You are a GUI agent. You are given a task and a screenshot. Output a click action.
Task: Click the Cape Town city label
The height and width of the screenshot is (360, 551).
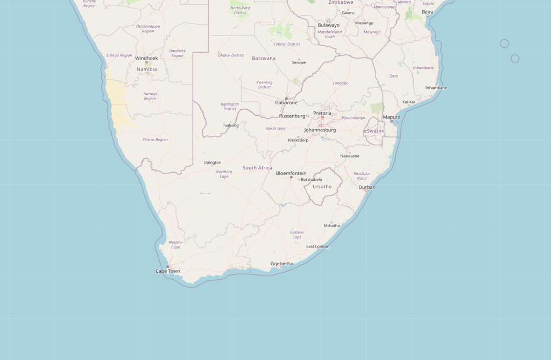pyautogui.click(x=168, y=271)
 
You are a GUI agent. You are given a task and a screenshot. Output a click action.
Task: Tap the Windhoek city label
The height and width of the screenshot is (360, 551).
pyautogui.click(x=146, y=58)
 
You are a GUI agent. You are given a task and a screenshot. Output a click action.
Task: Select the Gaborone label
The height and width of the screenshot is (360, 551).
pyautogui.click(x=286, y=102)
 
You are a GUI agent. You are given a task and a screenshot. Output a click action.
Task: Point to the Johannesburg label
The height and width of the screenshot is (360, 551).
pyautogui.click(x=320, y=130)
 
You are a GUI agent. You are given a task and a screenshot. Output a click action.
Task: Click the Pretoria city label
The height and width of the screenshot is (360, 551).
pyautogui.click(x=322, y=114)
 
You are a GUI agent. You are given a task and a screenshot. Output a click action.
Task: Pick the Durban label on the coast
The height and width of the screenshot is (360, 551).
pyautogui.click(x=367, y=187)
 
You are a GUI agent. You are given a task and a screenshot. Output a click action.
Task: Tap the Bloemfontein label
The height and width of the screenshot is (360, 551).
pyautogui.click(x=291, y=173)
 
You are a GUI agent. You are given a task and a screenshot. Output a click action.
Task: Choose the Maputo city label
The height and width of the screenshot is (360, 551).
pyautogui.click(x=391, y=117)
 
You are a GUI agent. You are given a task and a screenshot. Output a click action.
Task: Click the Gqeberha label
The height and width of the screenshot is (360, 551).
pyautogui.click(x=281, y=264)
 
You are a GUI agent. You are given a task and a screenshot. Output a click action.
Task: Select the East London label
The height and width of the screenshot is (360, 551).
pyautogui.click(x=317, y=246)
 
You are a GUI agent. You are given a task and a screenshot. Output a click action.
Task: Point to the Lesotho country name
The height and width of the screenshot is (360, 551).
pyautogui.click(x=322, y=187)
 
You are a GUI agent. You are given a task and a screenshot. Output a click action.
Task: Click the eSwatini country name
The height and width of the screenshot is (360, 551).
pyautogui.click(x=375, y=131)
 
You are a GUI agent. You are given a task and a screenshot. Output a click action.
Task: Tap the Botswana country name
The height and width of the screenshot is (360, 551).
pyautogui.click(x=264, y=58)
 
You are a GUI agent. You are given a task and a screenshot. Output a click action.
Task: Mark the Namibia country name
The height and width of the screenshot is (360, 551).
pyautogui.click(x=147, y=69)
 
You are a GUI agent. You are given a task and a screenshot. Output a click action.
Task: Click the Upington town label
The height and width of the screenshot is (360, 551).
pyautogui.click(x=212, y=163)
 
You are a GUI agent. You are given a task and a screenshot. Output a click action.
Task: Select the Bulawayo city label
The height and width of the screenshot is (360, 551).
pyautogui.click(x=329, y=25)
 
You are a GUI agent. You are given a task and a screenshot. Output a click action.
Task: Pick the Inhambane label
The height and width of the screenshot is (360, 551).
pyautogui.click(x=436, y=88)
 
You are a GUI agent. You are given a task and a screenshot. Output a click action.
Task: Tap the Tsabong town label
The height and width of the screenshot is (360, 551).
pyautogui.click(x=230, y=125)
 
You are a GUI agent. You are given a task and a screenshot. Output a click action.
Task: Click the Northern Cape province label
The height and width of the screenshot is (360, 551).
pyautogui.click(x=224, y=174)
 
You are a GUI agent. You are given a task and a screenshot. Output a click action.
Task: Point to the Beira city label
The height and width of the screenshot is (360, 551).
pyautogui.click(x=428, y=12)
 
